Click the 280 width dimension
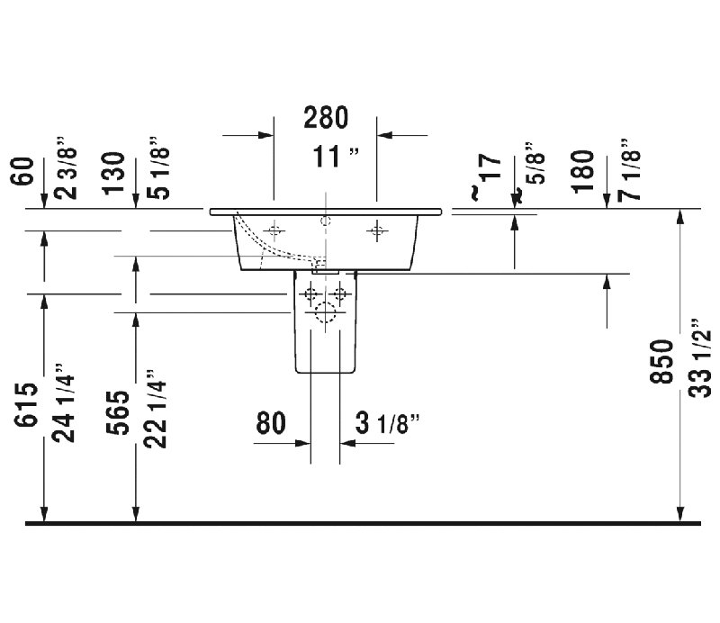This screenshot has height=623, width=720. [x=326, y=118]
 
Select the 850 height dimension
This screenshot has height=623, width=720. [x=661, y=361]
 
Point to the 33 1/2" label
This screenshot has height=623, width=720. [x=700, y=357]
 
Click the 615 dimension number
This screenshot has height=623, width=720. [x=25, y=404]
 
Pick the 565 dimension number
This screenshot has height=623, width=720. [x=118, y=412]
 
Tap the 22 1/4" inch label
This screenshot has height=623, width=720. [x=155, y=409]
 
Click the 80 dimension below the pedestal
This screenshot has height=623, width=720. [x=271, y=422]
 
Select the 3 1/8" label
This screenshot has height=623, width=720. [x=388, y=423]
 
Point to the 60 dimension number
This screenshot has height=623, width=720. [x=23, y=171]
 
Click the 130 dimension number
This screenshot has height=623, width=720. [x=113, y=173]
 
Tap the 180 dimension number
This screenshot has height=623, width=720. [x=582, y=171]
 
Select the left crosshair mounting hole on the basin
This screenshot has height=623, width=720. [x=274, y=230]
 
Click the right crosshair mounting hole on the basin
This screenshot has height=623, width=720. [x=377, y=230]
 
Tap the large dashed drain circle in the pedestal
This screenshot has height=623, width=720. [x=326, y=312]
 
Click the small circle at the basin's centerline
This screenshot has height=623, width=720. [x=326, y=221]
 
